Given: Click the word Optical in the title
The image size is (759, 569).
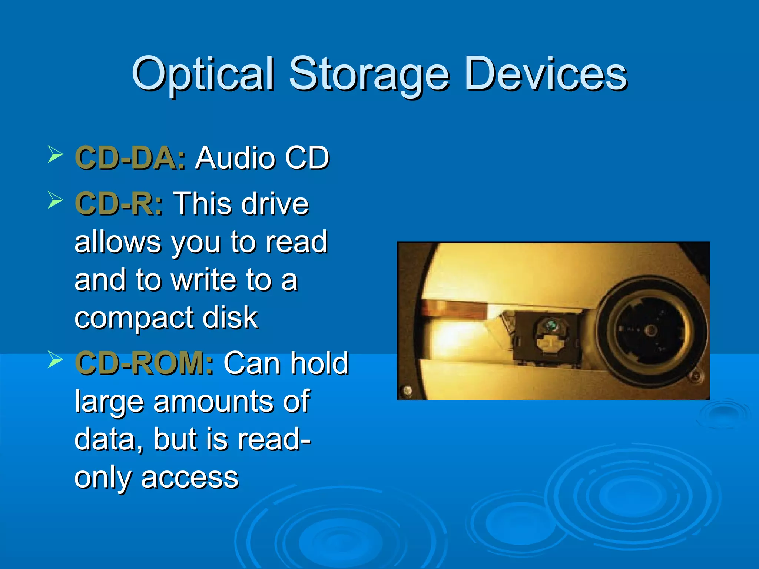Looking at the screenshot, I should [203, 74].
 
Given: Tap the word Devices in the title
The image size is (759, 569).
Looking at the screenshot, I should [545, 74].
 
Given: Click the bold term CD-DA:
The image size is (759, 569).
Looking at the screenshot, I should [130, 158].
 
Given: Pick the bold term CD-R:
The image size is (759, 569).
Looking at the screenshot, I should [119, 203].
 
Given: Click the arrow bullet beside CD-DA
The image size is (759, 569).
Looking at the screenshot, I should [55, 154].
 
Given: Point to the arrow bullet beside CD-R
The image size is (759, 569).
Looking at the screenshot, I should [55, 200].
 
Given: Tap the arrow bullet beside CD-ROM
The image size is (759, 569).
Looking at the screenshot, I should [55, 359].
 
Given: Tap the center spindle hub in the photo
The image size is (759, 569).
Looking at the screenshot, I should [650, 330].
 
